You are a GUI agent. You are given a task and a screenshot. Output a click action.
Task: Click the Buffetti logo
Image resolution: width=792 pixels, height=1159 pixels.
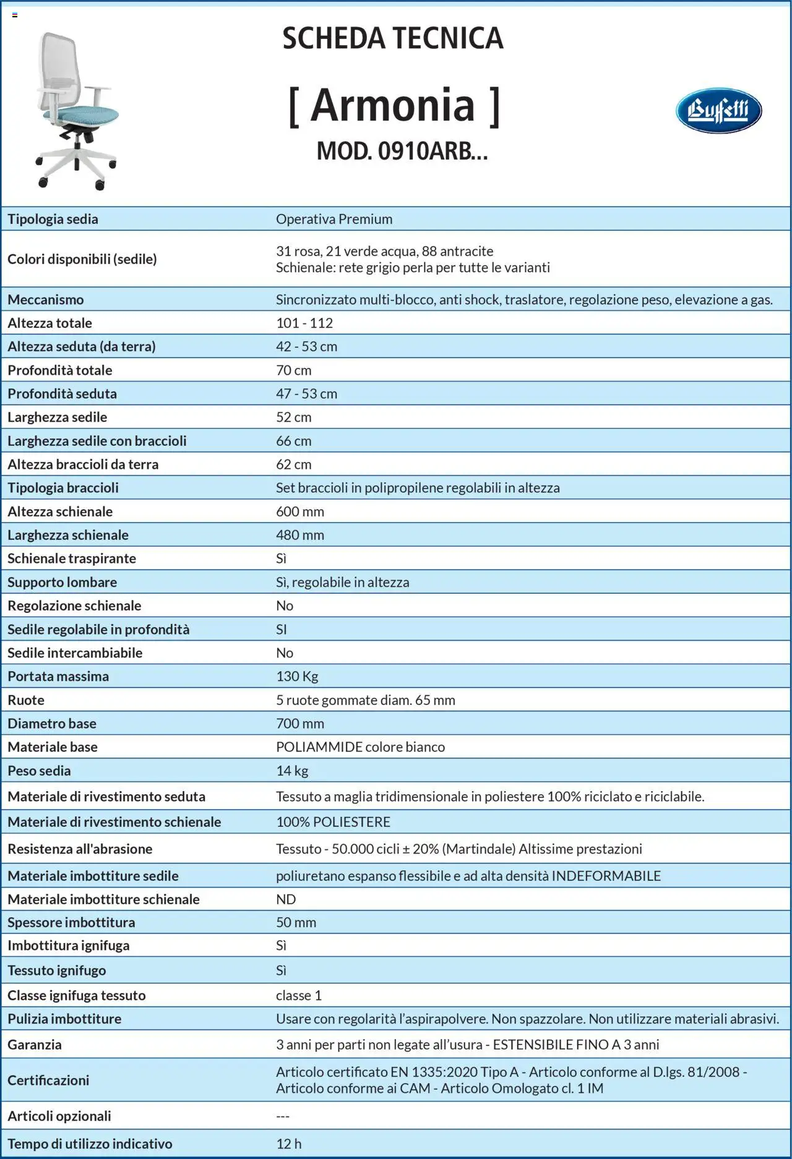718,111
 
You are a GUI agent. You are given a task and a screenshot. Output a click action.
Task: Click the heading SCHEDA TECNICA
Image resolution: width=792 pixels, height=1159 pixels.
393,38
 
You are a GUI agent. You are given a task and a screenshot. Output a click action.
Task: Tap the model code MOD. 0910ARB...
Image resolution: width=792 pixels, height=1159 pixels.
402,151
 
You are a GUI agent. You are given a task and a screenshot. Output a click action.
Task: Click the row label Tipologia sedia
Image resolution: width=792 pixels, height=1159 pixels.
53,219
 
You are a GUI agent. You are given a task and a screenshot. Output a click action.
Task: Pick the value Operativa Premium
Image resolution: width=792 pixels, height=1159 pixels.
334,219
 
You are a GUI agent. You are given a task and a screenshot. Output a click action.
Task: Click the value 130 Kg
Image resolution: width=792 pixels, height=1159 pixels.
297,676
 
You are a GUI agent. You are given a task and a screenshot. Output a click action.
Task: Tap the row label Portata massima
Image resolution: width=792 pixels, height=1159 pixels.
58,676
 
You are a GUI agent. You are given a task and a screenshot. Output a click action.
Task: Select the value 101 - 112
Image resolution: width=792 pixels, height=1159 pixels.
304,323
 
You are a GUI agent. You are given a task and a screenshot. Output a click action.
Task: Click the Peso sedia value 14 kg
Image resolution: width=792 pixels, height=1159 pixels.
292,771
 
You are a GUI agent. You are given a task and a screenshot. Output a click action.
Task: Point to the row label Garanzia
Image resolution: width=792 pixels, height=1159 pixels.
35,1045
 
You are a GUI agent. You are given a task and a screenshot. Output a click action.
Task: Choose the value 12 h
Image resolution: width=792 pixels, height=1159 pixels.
289,1144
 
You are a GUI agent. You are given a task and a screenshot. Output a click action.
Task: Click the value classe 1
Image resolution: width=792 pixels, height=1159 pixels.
299,995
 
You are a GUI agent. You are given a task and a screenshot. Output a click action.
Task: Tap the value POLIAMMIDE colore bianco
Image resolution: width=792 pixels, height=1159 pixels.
360,746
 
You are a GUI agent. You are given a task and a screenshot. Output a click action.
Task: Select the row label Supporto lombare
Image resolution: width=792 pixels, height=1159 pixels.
62,582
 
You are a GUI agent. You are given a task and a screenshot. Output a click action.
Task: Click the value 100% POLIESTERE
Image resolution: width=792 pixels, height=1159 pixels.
333,822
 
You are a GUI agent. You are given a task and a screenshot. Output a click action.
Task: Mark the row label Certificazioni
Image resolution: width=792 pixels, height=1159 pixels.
48,1080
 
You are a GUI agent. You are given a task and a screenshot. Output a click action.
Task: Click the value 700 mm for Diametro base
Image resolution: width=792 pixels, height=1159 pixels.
300,723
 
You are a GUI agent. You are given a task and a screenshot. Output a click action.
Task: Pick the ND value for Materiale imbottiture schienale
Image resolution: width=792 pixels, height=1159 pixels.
286,899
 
